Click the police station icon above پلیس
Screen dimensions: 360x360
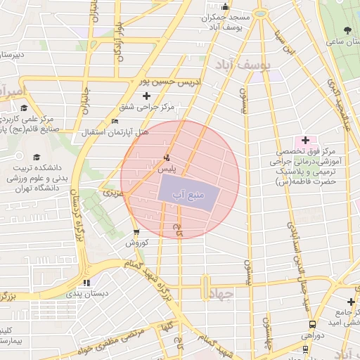[166, 157]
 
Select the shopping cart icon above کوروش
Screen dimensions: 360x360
[136, 231]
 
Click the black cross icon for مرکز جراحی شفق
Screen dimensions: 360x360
[146, 96]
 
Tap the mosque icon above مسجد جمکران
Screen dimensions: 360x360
[225, 7]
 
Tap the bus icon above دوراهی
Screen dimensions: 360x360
[312, 324]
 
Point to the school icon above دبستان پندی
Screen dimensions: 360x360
[86, 283]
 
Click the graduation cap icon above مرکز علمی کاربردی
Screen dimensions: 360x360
[25, 108]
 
